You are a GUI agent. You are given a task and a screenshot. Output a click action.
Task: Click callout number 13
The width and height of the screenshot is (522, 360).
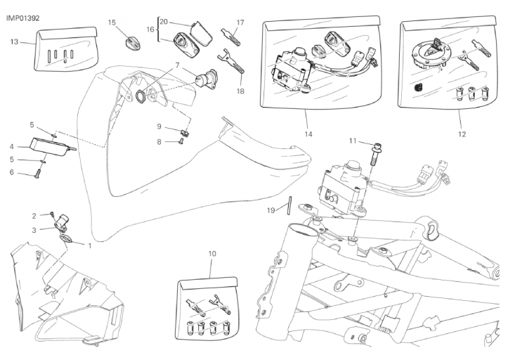(14, 42)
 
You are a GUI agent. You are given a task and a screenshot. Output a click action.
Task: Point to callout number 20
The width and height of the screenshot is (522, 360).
(163, 21)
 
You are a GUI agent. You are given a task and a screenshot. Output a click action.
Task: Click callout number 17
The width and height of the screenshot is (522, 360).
(240, 22)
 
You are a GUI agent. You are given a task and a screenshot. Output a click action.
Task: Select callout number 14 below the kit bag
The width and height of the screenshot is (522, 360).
(307, 133)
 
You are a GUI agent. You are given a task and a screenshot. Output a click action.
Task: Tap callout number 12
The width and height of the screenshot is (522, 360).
(461, 133)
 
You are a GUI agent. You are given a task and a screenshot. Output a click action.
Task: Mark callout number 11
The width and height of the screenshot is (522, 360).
(353, 141)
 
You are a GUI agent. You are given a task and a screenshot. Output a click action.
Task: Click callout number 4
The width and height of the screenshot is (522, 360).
(12, 146)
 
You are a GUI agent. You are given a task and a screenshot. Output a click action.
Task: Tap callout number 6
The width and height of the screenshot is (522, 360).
(12, 172)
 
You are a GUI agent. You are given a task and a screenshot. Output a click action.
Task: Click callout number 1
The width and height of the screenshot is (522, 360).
(90, 245)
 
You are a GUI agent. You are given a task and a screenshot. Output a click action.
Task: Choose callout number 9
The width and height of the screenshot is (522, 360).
(159, 127)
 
